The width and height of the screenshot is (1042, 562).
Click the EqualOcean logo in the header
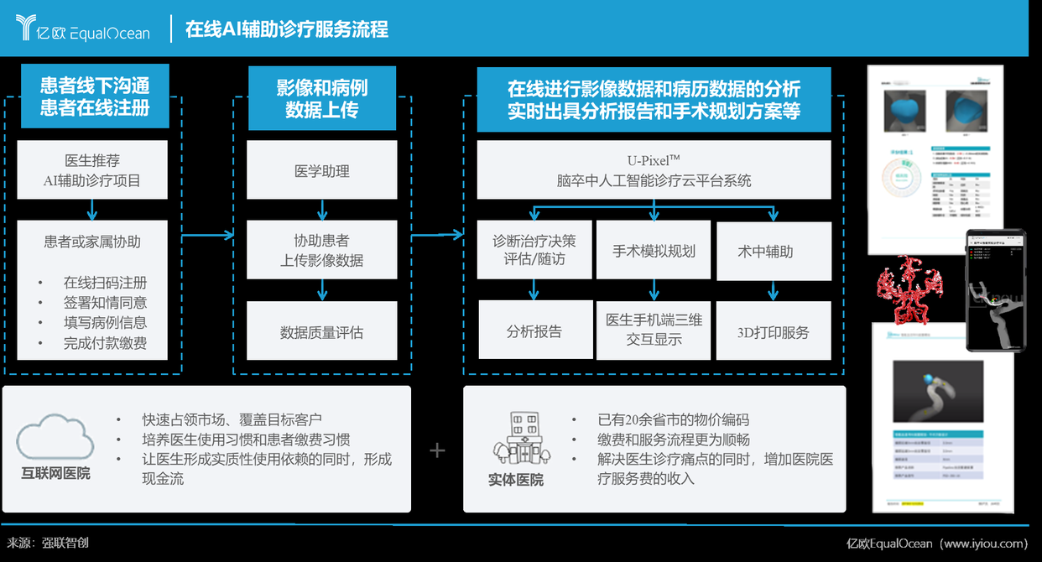82,29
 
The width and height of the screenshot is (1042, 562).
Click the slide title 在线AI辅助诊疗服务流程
286,29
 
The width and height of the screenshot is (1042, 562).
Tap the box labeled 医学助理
321,171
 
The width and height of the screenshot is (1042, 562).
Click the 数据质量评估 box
321,332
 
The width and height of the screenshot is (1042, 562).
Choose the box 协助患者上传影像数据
321,250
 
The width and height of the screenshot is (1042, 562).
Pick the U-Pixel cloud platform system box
654,170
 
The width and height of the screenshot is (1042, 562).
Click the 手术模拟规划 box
654,251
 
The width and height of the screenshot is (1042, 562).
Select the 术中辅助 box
773,251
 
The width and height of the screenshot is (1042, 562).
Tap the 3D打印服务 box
773,331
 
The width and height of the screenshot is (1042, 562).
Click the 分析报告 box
534,331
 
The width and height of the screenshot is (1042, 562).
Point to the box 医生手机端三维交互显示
654,330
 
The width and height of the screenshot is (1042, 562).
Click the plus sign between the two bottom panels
437,451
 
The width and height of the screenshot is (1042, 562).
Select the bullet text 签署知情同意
105,303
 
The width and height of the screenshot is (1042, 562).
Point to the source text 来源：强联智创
49,543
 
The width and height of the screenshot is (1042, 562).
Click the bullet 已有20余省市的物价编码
673,420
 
